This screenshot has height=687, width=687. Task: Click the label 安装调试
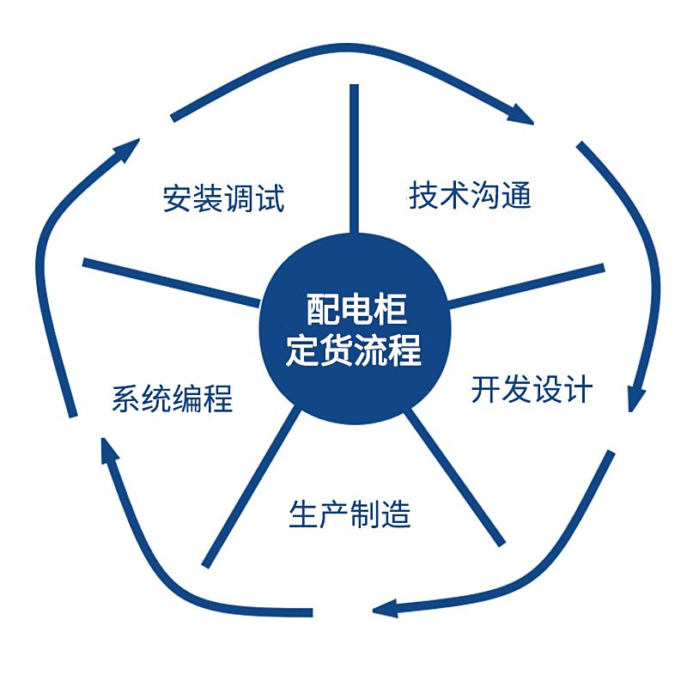223,198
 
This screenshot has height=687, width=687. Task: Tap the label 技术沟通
470,195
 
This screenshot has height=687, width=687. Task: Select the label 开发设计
532,389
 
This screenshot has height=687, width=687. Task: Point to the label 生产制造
350,514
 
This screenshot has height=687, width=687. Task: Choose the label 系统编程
173,398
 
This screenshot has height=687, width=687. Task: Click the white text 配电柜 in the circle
356,309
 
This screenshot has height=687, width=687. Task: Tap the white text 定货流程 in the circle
354,350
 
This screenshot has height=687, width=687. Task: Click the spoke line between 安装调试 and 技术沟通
354,159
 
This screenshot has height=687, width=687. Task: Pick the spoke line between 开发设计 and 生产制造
454,477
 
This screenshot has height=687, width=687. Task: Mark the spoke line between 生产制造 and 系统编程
251,487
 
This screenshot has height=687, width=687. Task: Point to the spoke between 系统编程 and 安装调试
171,283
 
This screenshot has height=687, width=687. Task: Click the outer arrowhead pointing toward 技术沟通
520,115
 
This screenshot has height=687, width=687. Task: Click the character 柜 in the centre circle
391,309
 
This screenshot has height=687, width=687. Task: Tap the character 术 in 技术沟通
455,195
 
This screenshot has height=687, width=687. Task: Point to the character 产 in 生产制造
334,514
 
